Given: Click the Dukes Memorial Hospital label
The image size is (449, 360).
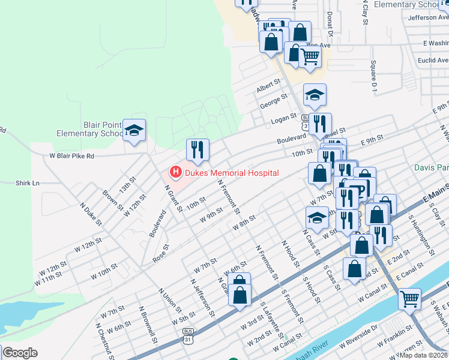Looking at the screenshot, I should click(232, 173).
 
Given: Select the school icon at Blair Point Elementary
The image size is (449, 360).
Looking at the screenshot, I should click(134, 130).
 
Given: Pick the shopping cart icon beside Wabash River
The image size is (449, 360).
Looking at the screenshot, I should click(410, 298).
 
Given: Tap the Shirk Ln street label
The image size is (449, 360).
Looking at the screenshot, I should click(27, 183).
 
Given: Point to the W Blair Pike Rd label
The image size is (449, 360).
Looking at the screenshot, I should click(71, 155).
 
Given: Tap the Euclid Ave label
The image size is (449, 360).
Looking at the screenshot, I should click(434, 61).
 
